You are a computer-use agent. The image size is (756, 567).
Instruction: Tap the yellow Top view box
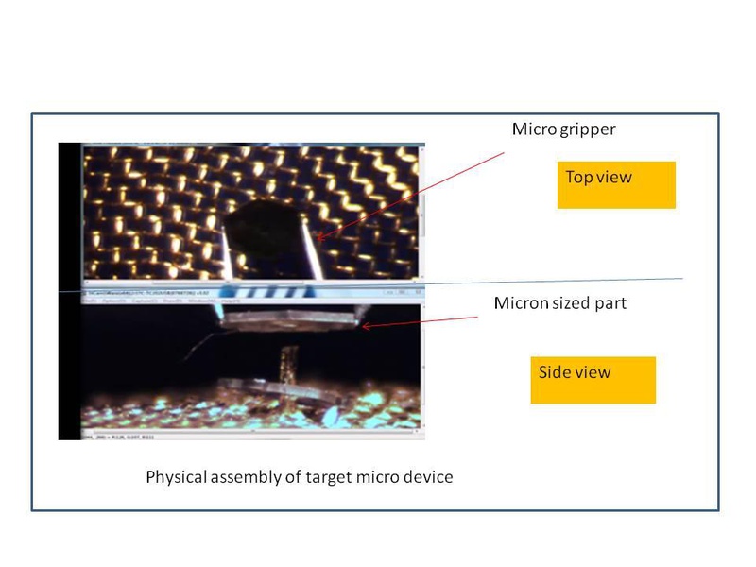pos(616,184)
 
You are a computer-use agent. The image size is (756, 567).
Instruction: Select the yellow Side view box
pos(593,379)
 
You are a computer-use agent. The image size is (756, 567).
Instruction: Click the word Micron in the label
pos(522,303)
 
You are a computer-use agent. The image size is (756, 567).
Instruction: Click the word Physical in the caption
pos(176,477)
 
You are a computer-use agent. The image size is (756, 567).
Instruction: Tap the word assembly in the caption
pos(244,477)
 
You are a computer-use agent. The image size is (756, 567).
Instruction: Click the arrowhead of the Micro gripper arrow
pos(316,239)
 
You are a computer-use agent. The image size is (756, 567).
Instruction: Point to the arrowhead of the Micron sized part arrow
pos(362,327)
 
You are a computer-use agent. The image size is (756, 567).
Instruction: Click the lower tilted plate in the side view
pos(274,389)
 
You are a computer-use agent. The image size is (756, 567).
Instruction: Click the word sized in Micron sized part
pos(572,304)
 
